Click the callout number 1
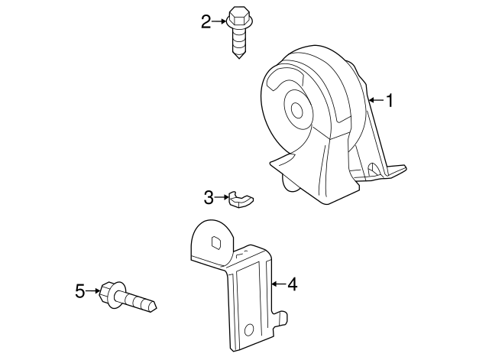pyautogui.click(x=389, y=100)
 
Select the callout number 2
pyautogui.click(x=206, y=22)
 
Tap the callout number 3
pyautogui.click(x=209, y=197)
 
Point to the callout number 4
pyautogui.click(x=292, y=284)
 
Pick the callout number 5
pyautogui.click(x=80, y=291)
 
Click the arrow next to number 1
pyautogui.click(x=376, y=100)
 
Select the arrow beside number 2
pyautogui.click(x=219, y=21)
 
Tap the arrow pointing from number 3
pyautogui.click(x=222, y=197)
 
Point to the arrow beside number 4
pyautogui.click(x=278, y=284)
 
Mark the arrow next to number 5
pyautogui.click(x=93, y=290)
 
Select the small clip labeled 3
pyautogui.click(x=241, y=200)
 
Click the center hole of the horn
pyautogui.click(x=297, y=110)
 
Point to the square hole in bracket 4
pyautogui.click(x=216, y=243)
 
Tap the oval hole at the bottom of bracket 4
pyautogui.click(x=249, y=329)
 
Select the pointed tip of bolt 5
pyautogui.click(x=155, y=306)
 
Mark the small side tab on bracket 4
pyautogui.click(x=281, y=317)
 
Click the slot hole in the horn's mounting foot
pyautogui.click(x=374, y=170)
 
